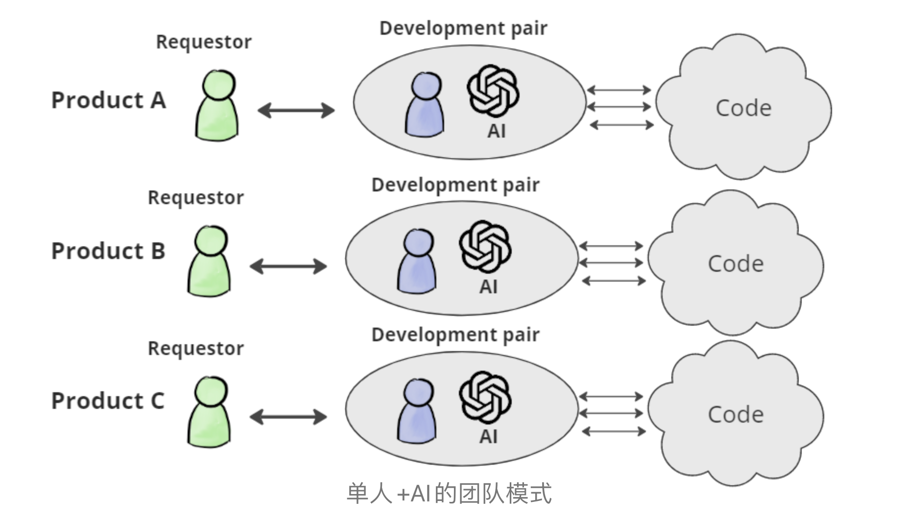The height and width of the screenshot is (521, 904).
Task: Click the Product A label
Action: [x=108, y=100]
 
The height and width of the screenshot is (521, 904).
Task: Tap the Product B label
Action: [x=108, y=251]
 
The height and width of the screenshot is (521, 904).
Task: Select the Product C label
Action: [x=108, y=401]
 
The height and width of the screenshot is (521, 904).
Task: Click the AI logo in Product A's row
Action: [x=493, y=92]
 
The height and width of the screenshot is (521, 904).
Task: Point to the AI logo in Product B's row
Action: [x=485, y=246]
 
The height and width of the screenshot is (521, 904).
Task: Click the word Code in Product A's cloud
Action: [x=743, y=108]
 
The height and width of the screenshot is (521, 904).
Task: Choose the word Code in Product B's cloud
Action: [x=736, y=264]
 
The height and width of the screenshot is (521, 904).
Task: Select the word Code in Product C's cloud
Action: [x=736, y=415]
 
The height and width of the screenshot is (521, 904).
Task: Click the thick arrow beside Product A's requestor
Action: [x=296, y=110]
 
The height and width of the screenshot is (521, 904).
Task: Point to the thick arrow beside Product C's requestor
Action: [x=288, y=417]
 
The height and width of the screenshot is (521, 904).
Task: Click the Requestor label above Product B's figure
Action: [x=195, y=198]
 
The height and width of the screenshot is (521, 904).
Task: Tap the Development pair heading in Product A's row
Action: [x=463, y=28]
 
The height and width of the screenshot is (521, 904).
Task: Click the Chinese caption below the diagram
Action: [x=449, y=493]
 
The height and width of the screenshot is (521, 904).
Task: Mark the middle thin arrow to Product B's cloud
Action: [x=611, y=263]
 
